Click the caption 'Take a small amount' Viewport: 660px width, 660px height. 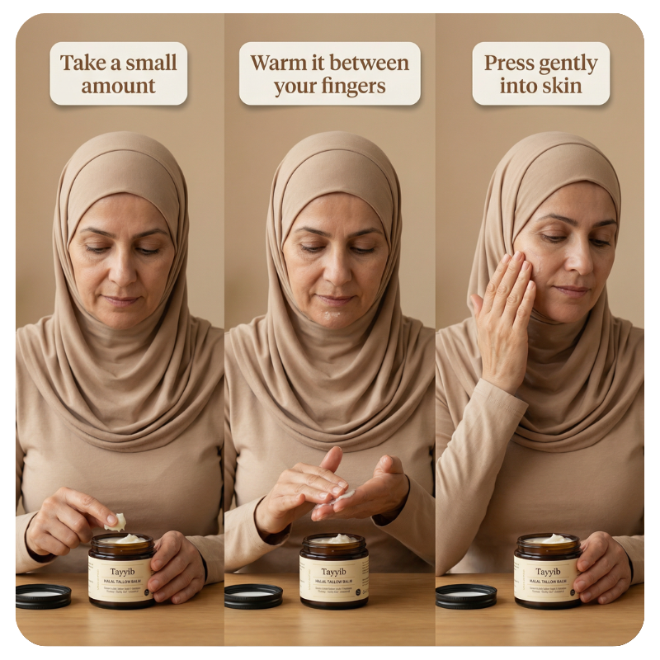point(119,73)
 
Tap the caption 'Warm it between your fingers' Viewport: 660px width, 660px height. point(329,73)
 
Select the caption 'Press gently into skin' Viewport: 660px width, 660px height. point(540,73)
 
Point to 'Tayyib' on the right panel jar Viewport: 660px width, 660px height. point(545,570)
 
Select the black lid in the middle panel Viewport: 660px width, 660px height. point(253,595)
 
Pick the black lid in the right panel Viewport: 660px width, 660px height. point(466,595)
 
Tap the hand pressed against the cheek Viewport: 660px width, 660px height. point(505,318)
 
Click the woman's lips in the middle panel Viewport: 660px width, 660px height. point(334,299)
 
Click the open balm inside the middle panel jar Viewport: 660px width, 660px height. point(333,540)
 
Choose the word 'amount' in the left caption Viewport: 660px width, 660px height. point(119,86)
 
